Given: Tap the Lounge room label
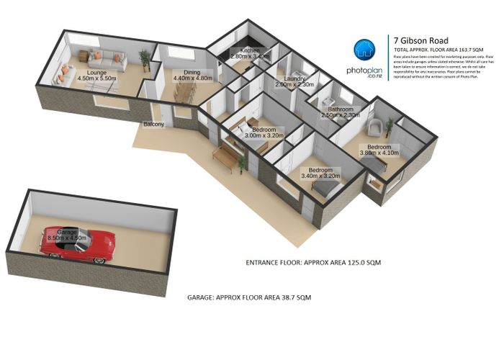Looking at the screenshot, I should (96, 73).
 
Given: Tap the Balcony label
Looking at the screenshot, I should (154, 125).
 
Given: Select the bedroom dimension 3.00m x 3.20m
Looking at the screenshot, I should (264, 134).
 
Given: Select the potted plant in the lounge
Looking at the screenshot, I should (145, 58).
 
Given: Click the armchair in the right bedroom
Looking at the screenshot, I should (373, 128).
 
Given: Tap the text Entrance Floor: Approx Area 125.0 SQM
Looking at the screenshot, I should (312, 263).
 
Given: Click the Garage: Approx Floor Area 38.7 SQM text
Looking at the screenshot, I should (248, 296).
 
